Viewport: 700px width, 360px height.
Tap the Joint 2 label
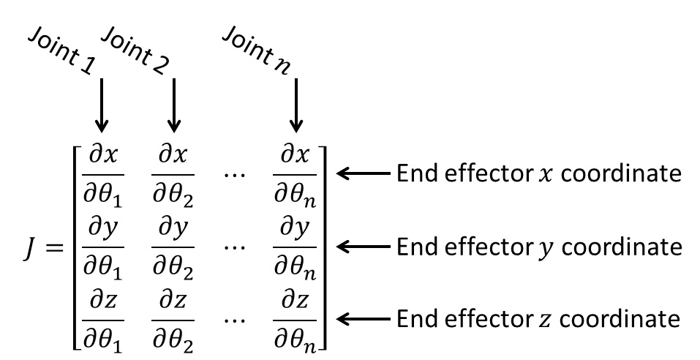pyautogui.click(x=135, y=50)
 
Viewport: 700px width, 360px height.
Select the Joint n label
pyautogui.click(x=256, y=50)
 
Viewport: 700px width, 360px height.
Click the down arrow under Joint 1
pyautogui.click(x=102, y=105)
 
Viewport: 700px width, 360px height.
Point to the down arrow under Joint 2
pyautogui.click(x=173, y=105)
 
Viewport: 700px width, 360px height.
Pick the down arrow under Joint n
pyautogui.click(x=296, y=105)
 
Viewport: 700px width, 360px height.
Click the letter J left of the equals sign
pyautogui.click(x=29, y=248)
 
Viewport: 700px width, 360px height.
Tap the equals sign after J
pyautogui.click(x=53, y=247)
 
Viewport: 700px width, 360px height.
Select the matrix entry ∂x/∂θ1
pyautogui.click(x=103, y=176)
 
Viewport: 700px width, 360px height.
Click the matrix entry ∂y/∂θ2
pyautogui.click(x=173, y=249)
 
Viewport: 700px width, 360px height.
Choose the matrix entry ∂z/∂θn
pyautogui.click(x=295, y=322)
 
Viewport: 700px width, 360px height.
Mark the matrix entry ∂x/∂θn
pyautogui.click(x=295, y=176)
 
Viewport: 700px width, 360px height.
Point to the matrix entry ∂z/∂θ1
pyautogui.click(x=103, y=322)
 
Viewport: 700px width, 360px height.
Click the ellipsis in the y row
pyautogui.click(x=234, y=247)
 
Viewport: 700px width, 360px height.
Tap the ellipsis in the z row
pyautogui.click(x=234, y=320)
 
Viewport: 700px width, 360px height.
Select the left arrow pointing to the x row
pyautogui.click(x=363, y=173)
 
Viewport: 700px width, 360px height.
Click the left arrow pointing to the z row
pyautogui.click(x=363, y=319)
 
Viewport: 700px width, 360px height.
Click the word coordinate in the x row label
pyautogui.click(x=622, y=173)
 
